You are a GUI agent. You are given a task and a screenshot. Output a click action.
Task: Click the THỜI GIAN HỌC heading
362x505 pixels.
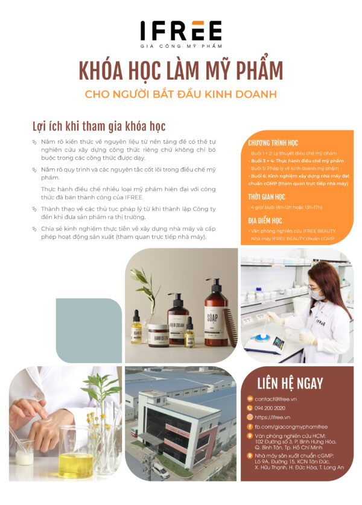[266, 197]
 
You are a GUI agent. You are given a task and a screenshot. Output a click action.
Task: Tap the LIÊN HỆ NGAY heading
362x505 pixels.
[290, 383]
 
